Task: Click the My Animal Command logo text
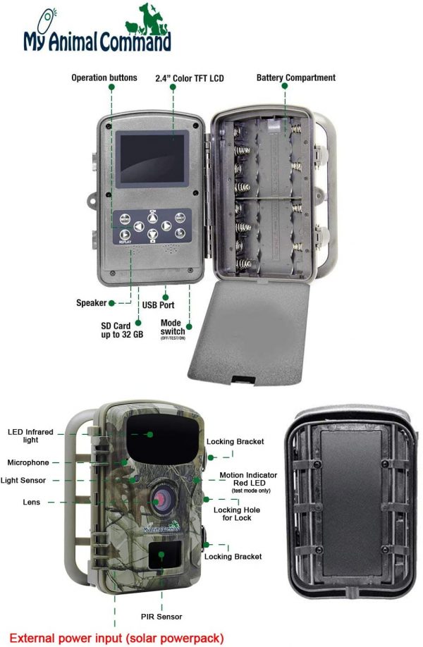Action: click(x=97, y=42)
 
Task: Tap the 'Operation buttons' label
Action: click(x=104, y=78)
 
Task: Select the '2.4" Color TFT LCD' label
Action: click(x=190, y=78)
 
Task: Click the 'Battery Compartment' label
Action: click(x=296, y=78)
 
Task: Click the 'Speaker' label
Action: click(x=91, y=303)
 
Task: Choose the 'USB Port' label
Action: click(x=158, y=305)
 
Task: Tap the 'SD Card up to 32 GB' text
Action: click(x=122, y=330)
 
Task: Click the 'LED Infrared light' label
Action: click(x=30, y=436)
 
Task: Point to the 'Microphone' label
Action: click(x=28, y=462)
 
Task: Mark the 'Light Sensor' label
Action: click(x=23, y=480)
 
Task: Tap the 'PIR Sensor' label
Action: click(x=161, y=617)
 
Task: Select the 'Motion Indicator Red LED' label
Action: click(x=248, y=479)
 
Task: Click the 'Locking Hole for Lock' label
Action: click(x=237, y=514)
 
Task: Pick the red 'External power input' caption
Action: click(x=116, y=639)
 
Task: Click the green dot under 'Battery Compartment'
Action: click(x=285, y=86)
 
